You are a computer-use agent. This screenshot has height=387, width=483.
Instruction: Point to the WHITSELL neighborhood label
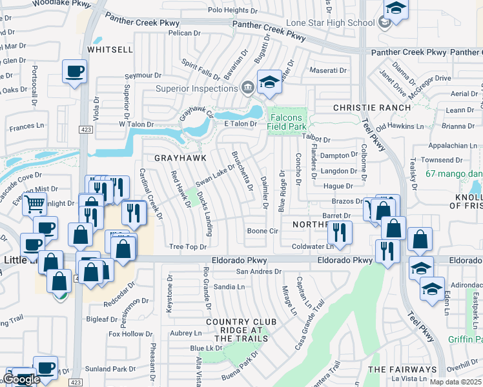click(110, 49)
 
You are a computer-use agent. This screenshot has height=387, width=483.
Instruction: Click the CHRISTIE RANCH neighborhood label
click(371, 107)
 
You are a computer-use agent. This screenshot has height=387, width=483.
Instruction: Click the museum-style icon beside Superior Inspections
click(247, 88)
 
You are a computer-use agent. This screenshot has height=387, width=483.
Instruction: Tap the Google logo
click(21, 379)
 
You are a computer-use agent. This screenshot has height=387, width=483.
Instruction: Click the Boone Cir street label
click(262, 231)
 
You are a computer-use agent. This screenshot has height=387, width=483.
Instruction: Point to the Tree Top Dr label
click(187, 247)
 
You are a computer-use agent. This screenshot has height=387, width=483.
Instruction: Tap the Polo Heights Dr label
click(236, 10)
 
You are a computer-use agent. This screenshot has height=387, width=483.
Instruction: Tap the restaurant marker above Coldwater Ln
click(339, 232)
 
